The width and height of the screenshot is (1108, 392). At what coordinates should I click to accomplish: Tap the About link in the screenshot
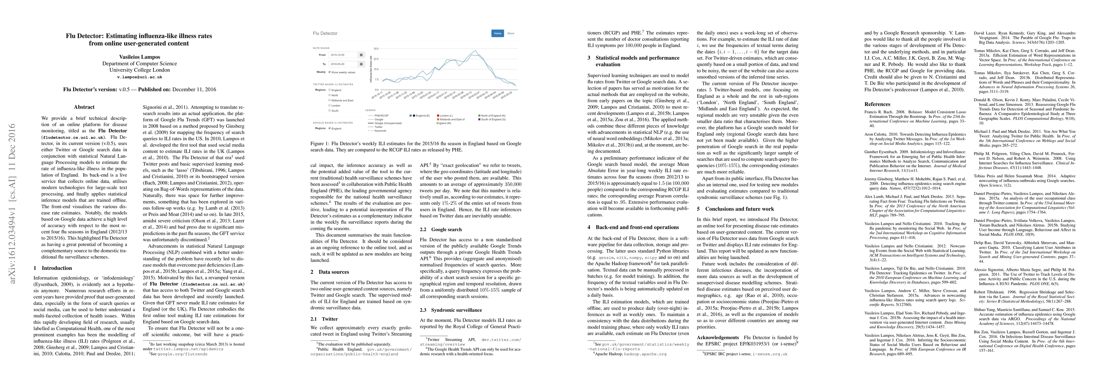(511, 33)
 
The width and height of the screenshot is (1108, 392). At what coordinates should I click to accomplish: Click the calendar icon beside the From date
(361, 55)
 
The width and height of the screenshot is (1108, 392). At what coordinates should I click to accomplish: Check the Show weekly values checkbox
(330, 72)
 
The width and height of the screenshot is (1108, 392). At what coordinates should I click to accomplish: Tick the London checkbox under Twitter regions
(330, 106)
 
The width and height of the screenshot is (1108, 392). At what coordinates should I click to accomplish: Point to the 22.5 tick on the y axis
(376, 59)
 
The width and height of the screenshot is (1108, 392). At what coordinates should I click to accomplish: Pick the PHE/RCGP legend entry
(382, 115)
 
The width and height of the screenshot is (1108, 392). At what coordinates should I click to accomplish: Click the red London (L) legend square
(438, 116)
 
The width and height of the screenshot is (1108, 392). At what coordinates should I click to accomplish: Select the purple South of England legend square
(479, 119)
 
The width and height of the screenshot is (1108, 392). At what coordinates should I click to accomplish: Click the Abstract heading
(84, 107)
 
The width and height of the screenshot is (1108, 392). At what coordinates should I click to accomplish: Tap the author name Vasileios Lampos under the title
(139, 57)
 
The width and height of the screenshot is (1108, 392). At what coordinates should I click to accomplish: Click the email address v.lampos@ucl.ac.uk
(139, 77)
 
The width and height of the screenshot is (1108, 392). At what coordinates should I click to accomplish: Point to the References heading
(877, 104)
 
